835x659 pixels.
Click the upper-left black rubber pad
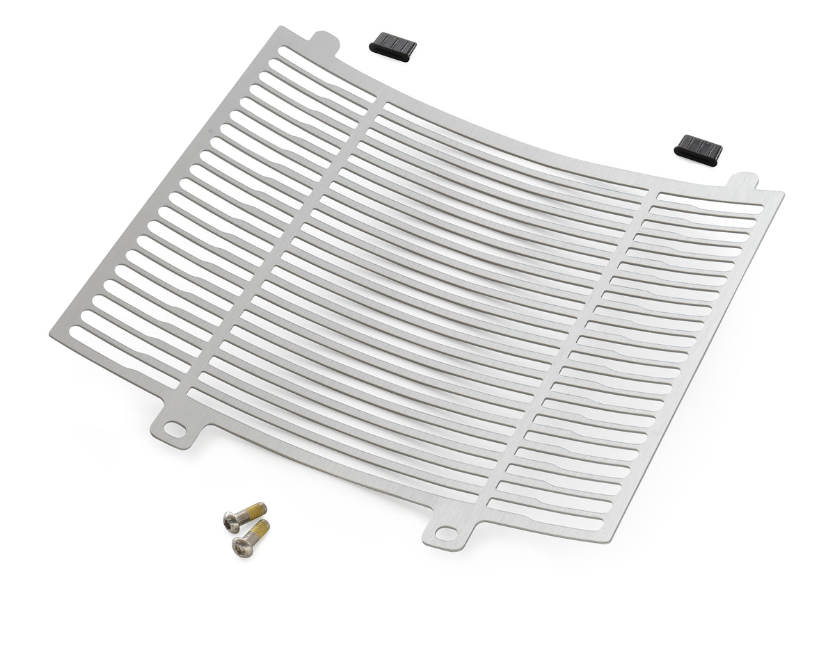[392, 45]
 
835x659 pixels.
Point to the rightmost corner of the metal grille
[783, 195]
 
